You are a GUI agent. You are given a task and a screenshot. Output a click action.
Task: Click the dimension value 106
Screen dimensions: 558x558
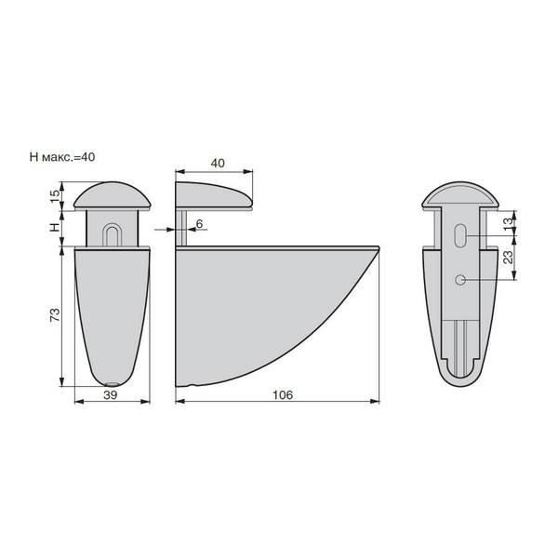283,394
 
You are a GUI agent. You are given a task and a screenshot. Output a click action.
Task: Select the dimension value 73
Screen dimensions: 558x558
55,315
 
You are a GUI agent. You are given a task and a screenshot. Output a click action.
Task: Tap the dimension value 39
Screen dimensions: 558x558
111,394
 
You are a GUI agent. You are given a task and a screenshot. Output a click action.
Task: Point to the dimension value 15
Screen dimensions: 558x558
55,195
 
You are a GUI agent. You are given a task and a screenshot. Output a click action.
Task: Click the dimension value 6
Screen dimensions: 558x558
199,223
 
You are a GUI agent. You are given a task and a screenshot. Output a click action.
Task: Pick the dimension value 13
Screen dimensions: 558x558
510,222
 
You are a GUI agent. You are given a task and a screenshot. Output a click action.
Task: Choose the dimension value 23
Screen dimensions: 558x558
510,257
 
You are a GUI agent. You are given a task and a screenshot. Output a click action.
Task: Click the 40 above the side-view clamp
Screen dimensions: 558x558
218,163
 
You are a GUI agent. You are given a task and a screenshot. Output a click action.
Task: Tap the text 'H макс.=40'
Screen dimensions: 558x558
62,156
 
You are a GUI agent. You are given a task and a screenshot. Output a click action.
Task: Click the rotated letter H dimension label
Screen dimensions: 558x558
55,227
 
